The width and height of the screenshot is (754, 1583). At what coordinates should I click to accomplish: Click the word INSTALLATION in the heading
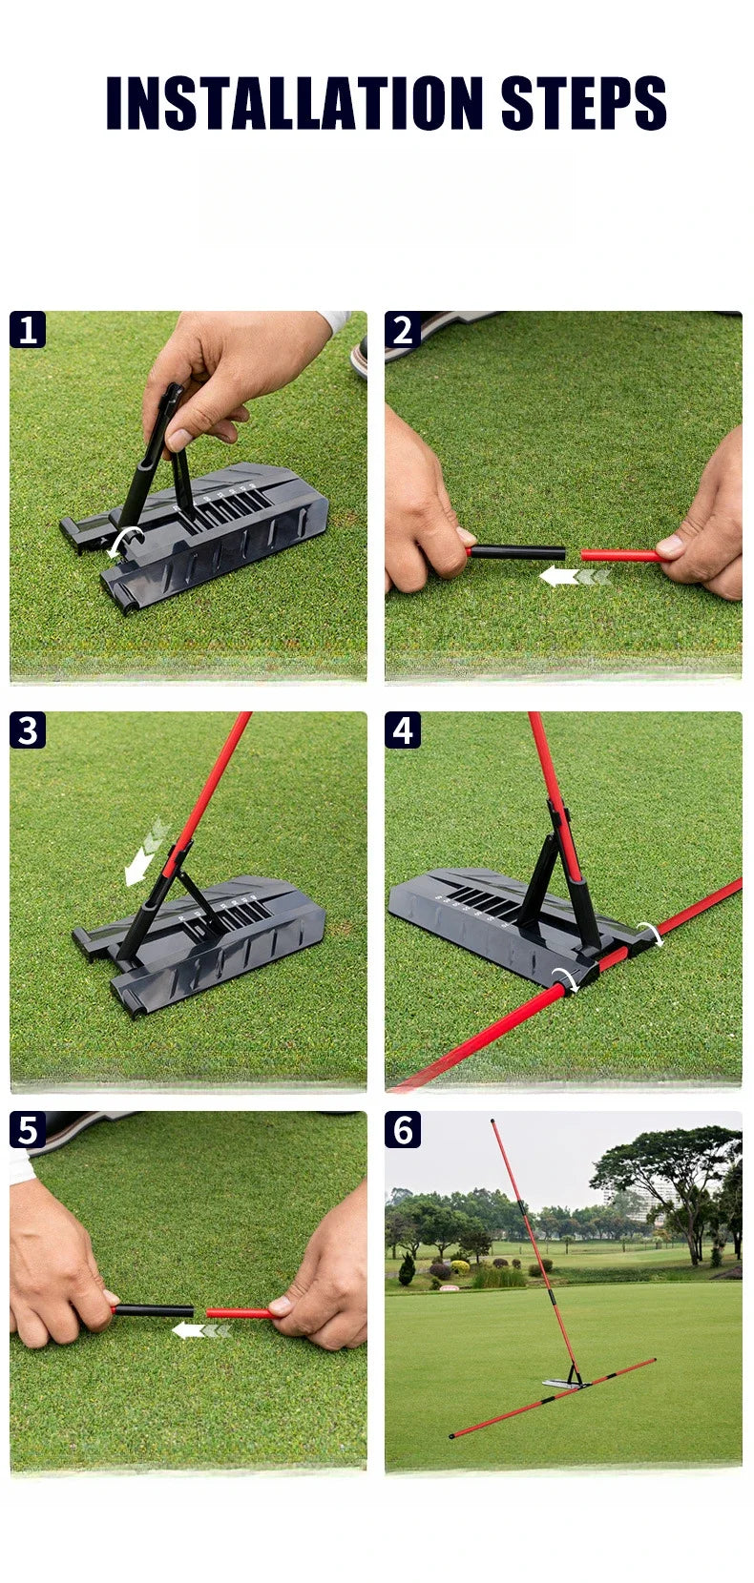[x=294, y=102]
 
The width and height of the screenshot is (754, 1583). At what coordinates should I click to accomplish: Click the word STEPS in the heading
[x=583, y=102]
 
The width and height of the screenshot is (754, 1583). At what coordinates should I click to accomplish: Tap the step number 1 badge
[x=28, y=330]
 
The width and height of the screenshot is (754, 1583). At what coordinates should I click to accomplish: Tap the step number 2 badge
[x=403, y=330]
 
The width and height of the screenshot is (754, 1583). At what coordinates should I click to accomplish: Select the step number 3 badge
[x=28, y=730]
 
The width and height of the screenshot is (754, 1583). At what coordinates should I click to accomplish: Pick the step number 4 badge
[x=403, y=730]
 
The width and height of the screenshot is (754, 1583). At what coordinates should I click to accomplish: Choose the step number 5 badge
[x=28, y=1130]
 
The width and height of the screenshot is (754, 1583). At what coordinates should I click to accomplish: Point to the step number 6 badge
[x=403, y=1130]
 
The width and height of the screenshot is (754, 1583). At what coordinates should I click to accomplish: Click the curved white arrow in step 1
[x=123, y=540]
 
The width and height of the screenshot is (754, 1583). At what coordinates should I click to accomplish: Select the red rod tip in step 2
[x=620, y=554]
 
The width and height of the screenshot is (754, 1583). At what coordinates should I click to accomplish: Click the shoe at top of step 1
[x=359, y=357]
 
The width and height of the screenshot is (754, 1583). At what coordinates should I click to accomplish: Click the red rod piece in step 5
[x=239, y=1313]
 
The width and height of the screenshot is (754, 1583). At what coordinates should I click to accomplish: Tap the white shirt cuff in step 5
[x=21, y=1165]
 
